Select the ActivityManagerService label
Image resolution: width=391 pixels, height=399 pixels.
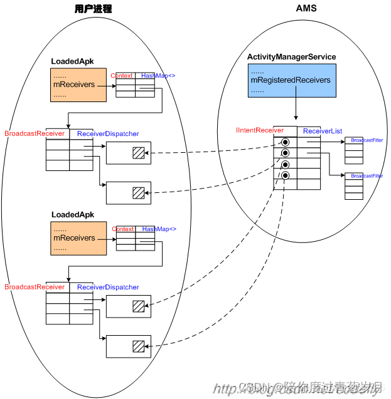[x=291, y=57]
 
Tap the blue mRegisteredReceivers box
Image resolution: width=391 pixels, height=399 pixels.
[x=291, y=81]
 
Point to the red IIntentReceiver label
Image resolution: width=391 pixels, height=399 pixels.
[x=260, y=130]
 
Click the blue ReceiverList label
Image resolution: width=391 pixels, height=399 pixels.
[x=322, y=131]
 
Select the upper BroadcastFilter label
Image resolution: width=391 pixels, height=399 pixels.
[x=367, y=140]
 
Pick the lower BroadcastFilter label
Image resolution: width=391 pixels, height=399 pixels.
[x=367, y=176]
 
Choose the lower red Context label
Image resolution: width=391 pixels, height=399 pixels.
[x=123, y=229]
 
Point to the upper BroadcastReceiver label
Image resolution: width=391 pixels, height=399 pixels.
[x=35, y=133]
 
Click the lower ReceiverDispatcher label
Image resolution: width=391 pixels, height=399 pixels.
[x=108, y=288]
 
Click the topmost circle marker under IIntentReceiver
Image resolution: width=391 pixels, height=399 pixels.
[x=285, y=142]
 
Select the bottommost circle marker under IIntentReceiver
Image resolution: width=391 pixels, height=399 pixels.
[x=285, y=175]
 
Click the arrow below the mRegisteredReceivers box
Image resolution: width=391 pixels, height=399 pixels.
[x=294, y=110]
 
